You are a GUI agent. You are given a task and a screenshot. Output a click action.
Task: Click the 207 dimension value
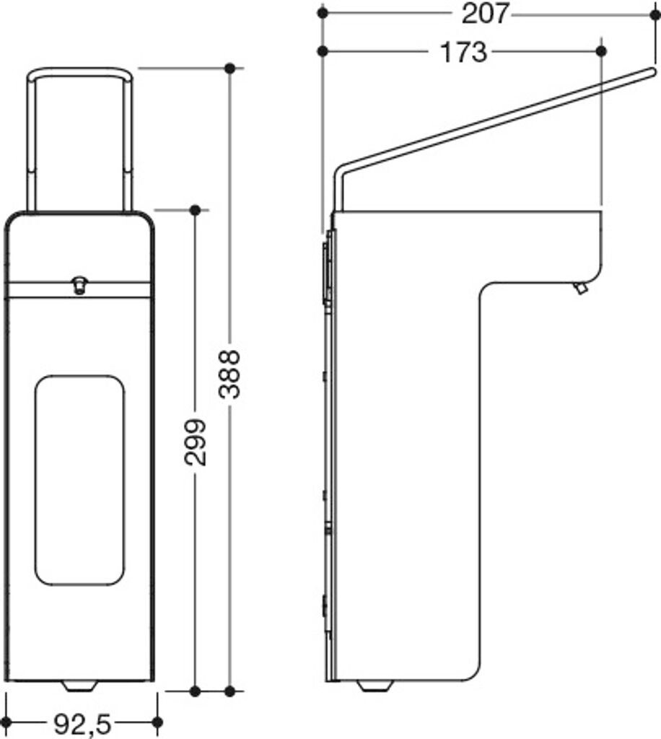(x=485, y=14)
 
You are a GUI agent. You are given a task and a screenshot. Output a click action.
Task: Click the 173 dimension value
(x=463, y=52)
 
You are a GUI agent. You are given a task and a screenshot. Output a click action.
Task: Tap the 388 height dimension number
(x=231, y=375)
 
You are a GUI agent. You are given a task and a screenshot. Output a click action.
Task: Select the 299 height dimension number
(x=196, y=442)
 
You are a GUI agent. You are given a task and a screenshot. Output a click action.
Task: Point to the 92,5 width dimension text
(x=82, y=724)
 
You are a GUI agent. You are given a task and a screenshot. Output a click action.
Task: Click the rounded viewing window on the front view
(x=80, y=480)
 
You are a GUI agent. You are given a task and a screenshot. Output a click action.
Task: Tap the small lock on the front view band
(x=79, y=285)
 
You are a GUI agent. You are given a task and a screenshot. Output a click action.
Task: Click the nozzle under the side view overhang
(x=580, y=287)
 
